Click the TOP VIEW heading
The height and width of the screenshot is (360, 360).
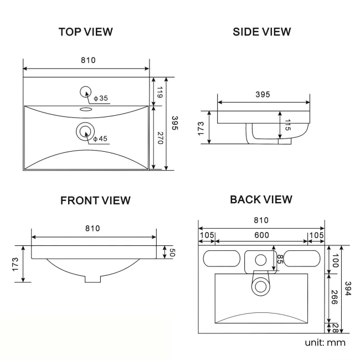pos(85,32)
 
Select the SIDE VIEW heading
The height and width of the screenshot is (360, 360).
pos(261,32)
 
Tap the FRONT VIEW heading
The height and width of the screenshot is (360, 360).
pos(95,200)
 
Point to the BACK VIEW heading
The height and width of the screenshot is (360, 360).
pos(261,199)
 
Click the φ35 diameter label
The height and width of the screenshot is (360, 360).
pos(101,98)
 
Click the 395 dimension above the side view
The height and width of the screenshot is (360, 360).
pos(263,95)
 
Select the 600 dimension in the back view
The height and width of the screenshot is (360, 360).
pos(261,235)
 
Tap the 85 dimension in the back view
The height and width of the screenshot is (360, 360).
pos(280,259)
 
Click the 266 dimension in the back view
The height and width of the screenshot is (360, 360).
pos(335,299)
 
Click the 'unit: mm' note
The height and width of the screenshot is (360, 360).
pos(325,342)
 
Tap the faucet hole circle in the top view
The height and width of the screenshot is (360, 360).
pos(86,91)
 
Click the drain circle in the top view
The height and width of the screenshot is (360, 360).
pos(85,131)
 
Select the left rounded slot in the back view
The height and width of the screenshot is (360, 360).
pos(219,259)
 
